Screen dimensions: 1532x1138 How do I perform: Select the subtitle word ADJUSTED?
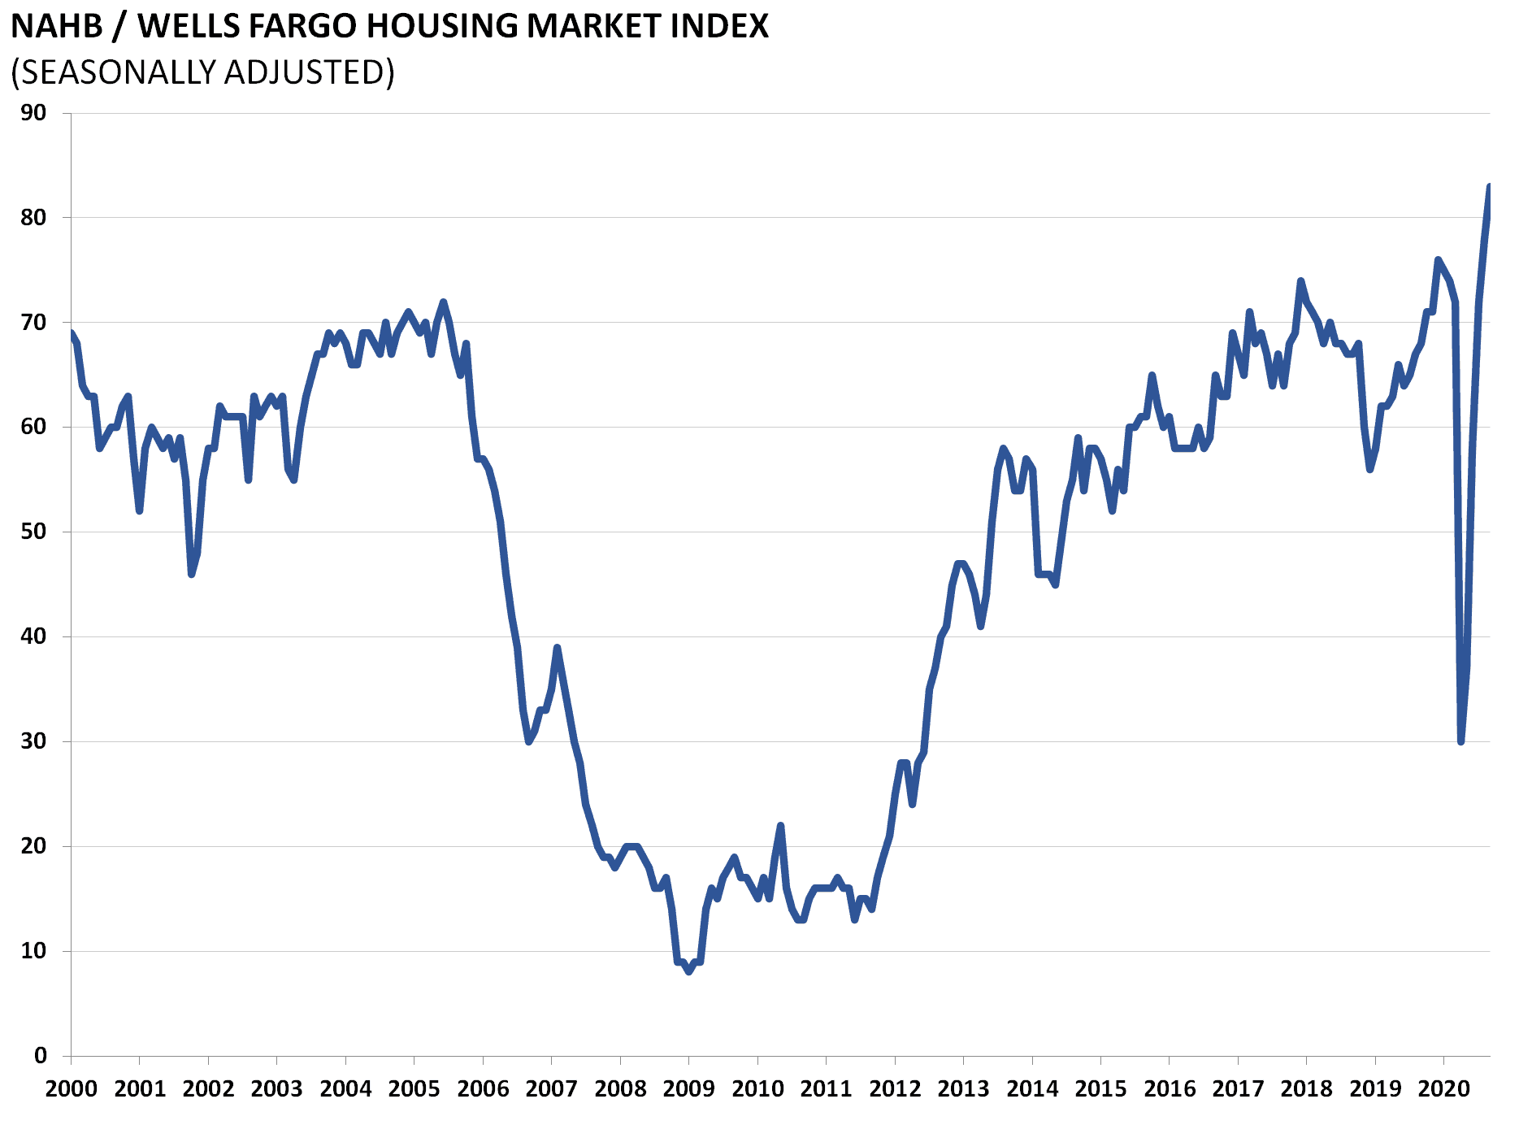[x=310, y=72]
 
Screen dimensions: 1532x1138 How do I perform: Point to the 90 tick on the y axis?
[x=33, y=112]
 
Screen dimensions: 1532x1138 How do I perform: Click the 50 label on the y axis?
[x=33, y=532]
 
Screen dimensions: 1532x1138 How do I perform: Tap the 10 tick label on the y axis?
[x=33, y=950]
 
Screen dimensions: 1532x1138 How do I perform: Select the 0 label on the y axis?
[x=41, y=1055]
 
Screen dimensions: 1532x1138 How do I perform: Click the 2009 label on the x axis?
[x=688, y=1088]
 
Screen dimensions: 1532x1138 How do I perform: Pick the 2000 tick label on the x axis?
[x=71, y=1088]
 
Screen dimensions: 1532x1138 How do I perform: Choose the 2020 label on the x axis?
[x=1444, y=1088]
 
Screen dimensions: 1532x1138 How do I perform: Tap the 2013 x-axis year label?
[x=963, y=1088]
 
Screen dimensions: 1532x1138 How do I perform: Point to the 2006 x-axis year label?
[x=483, y=1088]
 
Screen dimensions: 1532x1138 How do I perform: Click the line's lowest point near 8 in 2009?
[x=689, y=971]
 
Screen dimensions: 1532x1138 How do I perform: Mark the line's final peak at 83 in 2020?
[x=1489, y=186]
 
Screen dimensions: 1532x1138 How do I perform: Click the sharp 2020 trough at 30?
[x=1460, y=741]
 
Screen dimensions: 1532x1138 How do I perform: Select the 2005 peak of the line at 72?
[x=443, y=302]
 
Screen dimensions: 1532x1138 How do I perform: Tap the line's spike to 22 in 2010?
[x=780, y=825]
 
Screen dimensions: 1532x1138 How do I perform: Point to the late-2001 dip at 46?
[x=192, y=574]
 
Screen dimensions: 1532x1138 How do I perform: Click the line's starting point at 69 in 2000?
[x=72, y=332]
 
